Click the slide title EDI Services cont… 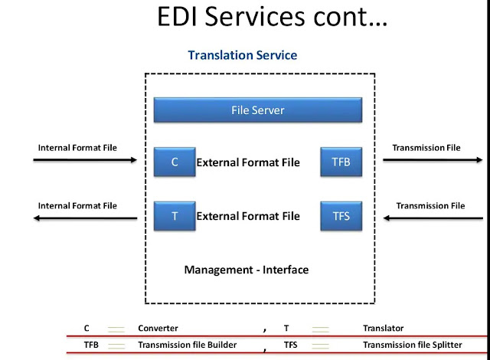272,18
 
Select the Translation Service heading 242,55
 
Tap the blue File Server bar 257,110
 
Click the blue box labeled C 175,162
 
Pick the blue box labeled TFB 341,162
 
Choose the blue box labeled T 175,216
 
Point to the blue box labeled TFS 341,216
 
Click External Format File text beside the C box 248,162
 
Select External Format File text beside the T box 248,216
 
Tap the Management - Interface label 247,270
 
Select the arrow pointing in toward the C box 84,161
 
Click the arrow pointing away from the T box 84,218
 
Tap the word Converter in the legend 158,328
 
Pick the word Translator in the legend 383,328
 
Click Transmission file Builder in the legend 187,345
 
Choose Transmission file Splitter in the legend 412,345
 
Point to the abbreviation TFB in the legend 91,345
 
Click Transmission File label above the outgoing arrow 426,148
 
